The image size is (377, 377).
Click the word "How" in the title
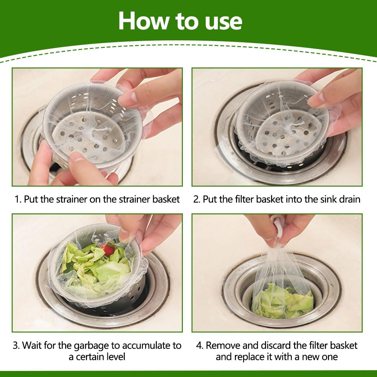tap(144, 21)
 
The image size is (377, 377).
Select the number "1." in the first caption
tap(18, 199)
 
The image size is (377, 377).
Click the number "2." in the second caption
tap(197, 199)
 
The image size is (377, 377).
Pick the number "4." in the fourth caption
tap(200, 345)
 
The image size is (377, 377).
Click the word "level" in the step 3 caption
tap(115, 357)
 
